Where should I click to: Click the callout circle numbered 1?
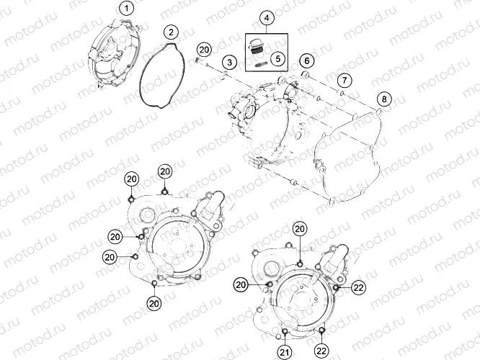coord(127,9)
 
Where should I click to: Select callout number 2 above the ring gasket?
coord(170,32)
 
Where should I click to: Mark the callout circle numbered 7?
coord(345,79)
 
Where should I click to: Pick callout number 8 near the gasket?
coord(384,99)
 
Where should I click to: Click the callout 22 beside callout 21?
coord(321,351)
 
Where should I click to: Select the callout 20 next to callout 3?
coord(205,49)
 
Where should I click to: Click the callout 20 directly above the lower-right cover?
coord(301,229)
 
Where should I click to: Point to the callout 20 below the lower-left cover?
coord(154,304)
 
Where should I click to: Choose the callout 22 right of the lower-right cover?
coord(358,287)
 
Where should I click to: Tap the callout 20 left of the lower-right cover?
coord(241,285)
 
